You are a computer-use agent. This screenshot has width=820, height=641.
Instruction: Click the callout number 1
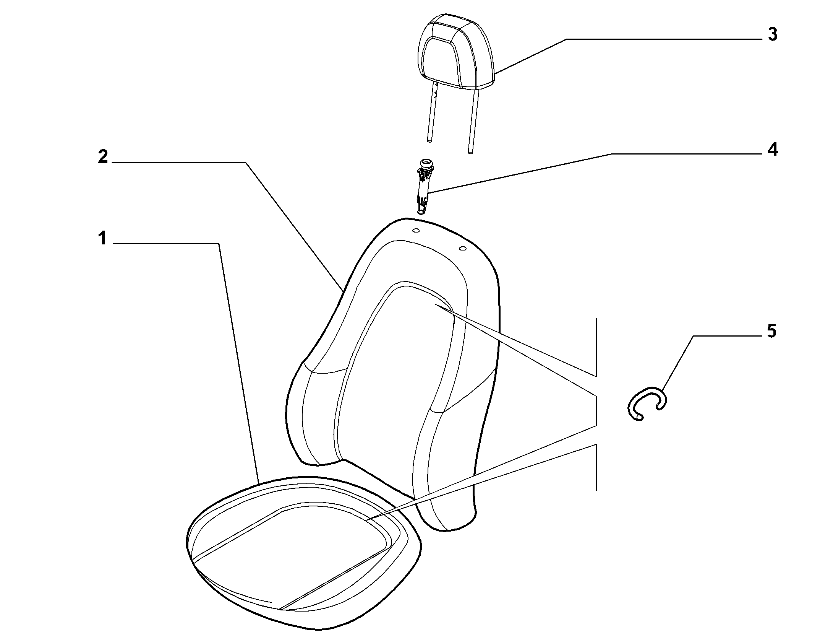102,239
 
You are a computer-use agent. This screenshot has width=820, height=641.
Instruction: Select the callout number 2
103,156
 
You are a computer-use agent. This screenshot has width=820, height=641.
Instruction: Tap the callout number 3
772,35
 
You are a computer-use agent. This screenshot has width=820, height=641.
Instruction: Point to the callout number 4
772,150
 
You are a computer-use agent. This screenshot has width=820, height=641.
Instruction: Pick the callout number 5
772,331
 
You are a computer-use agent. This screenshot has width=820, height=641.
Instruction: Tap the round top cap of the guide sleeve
425,164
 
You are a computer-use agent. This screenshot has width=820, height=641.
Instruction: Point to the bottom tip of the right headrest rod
471,153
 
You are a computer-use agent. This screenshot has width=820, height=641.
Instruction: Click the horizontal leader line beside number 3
663,39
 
